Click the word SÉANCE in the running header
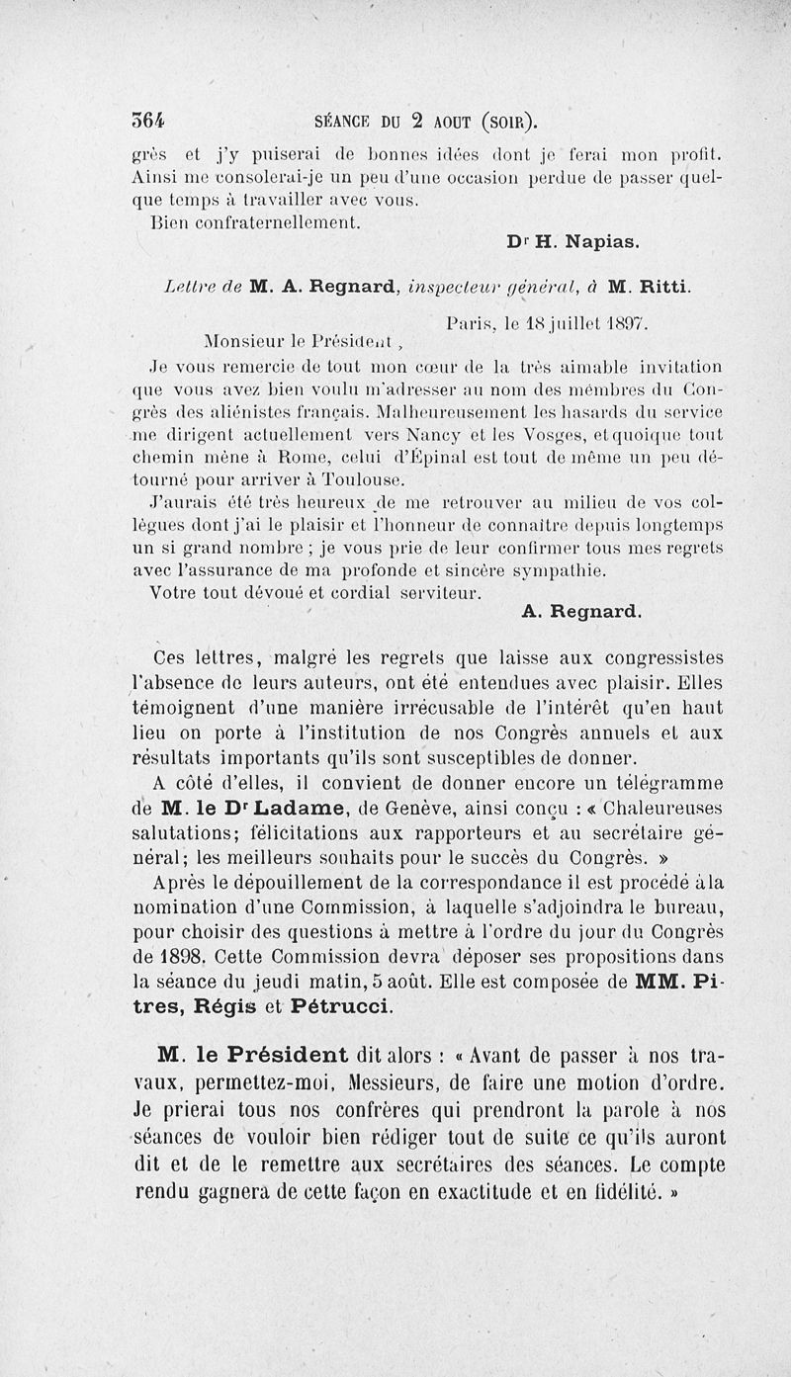point(343,123)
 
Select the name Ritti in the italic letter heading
point(659,288)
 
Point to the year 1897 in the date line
point(625,322)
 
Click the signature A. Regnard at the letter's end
point(581,612)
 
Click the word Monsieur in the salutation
point(248,344)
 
